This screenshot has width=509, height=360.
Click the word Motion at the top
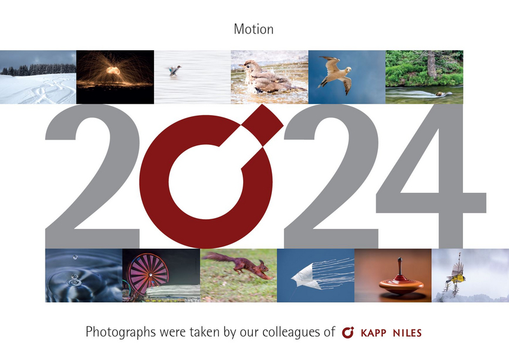tap(253, 29)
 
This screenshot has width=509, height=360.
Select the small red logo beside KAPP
tap(348, 332)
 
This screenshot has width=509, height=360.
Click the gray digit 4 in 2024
tap(431, 176)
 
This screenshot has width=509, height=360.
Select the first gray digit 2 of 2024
tap(92, 176)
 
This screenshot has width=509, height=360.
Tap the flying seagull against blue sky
tap(336, 75)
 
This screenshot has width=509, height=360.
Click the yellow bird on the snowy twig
tap(456, 276)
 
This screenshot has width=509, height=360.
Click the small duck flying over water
tap(174, 70)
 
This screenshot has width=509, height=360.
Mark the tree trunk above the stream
tap(431, 64)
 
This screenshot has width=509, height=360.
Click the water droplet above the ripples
tap(75, 257)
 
